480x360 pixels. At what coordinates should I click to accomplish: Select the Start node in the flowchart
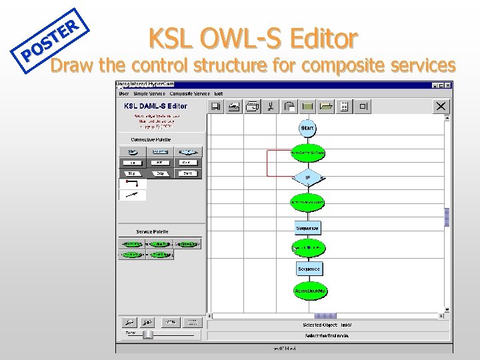(x=307, y=128)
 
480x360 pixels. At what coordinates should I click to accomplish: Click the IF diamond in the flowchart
(x=308, y=178)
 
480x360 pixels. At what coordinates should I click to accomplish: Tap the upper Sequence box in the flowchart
(x=308, y=228)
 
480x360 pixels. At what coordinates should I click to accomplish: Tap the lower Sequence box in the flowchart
(x=309, y=269)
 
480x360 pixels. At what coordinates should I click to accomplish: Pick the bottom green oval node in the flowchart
(x=309, y=291)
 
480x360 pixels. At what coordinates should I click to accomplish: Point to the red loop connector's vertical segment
(x=267, y=163)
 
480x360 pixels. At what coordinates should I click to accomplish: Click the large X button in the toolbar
(x=441, y=106)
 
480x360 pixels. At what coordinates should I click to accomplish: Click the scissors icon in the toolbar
(x=271, y=106)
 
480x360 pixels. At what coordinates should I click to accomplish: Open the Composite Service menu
(x=190, y=94)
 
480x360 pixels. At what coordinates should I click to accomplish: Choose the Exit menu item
(x=219, y=94)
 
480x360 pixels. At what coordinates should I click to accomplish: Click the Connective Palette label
(x=151, y=139)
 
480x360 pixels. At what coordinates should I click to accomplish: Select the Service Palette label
(x=153, y=231)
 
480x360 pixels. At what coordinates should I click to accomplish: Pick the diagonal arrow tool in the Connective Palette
(x=132, y=195)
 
